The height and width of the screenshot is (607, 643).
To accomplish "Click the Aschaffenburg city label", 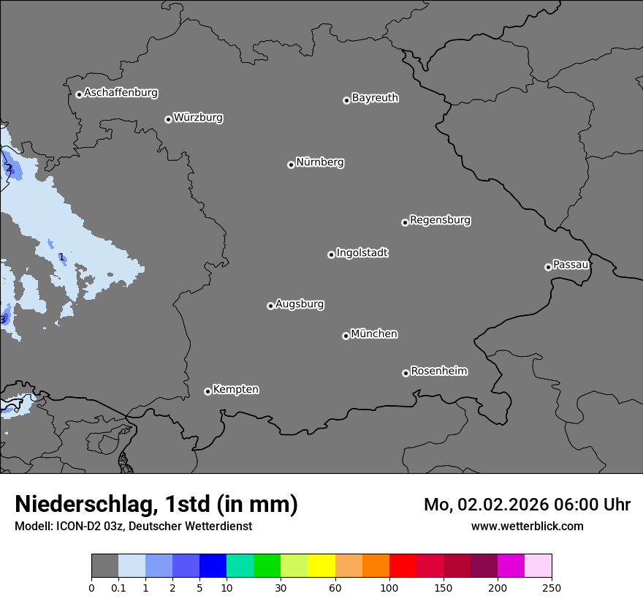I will (x=121, y=93).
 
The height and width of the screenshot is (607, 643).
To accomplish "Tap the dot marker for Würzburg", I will (x=168, y=119).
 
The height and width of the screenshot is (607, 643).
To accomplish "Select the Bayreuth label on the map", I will (x=375, y=98).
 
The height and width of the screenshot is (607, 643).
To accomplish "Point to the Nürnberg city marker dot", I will (x=291, y=165).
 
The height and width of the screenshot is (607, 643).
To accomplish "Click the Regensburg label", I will (x=440, y=220).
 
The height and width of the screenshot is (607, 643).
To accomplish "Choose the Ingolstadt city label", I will (x=362, y=253).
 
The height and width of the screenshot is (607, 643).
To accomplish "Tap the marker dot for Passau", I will (x=548, y=267).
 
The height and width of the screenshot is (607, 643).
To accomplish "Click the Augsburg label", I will (x=300, y=304).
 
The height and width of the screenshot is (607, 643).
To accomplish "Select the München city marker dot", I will (x=346, y=336).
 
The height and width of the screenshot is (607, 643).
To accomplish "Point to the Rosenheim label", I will (x=438, y=372).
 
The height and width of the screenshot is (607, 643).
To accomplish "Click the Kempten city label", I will (x=235, y=390).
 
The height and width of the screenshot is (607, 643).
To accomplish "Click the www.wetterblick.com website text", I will (x=527, y=527).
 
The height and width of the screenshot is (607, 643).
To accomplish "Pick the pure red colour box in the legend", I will (x=403, y=566).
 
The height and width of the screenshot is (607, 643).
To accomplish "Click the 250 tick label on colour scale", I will (x=552, y=588).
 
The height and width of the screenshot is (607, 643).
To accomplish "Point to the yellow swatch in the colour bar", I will (x=321, y=566).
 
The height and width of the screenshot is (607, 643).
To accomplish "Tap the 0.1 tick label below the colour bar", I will (x=118, y=588).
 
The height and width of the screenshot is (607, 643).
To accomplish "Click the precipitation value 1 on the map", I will (x=61, y=257).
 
